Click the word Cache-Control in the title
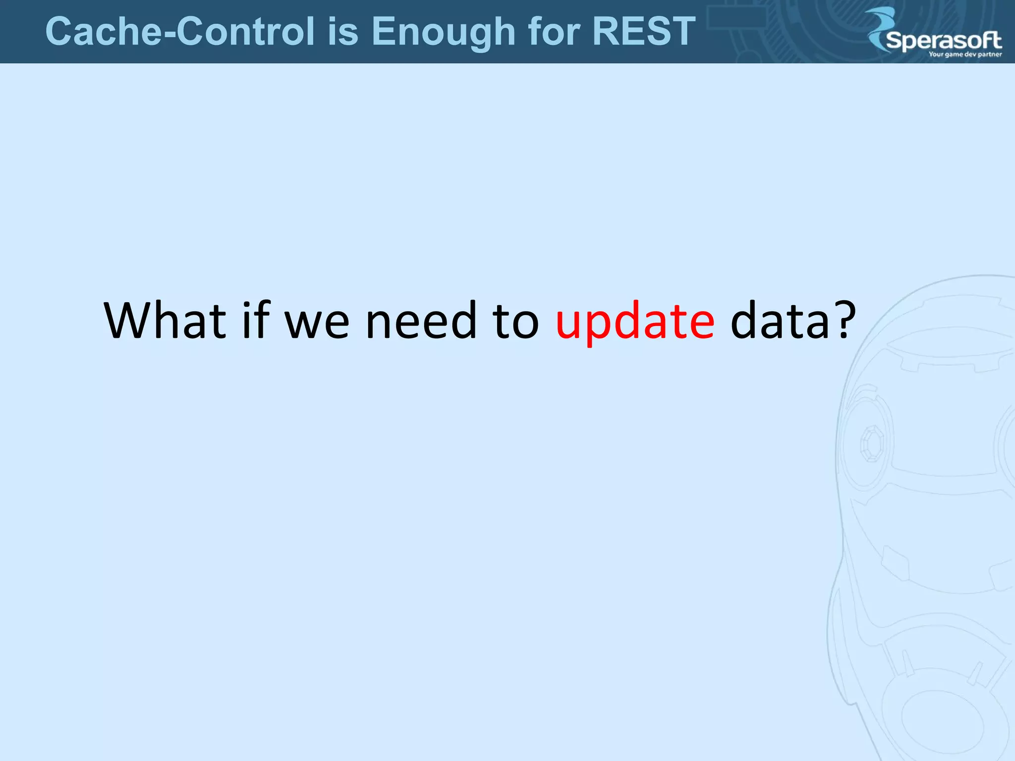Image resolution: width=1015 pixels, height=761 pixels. pyautogui.click(x=180, y=32)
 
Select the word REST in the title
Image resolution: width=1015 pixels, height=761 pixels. pyautogui.click(x=644, y=32)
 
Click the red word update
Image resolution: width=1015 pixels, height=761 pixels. pyautogui.click(x=635, y=322)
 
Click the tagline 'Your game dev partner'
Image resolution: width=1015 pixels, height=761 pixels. pyautogui.click(x=965, y=54)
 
